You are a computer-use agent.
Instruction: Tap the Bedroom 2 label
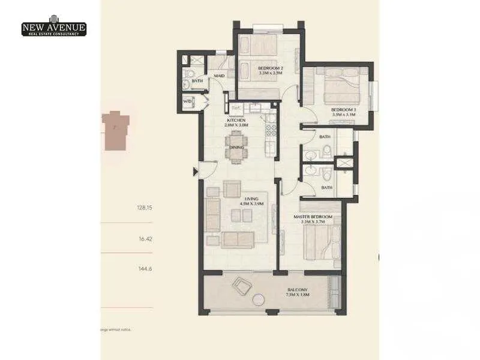(x=270, y=70)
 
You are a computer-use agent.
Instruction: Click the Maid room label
(x=220, y=75)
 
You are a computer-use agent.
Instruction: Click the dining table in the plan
(x=236, y=148)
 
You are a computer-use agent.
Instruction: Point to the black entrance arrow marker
(x=196, y=173)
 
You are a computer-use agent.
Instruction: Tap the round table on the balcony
(x=259, y=300)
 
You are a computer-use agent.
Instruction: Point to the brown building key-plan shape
(x=115, y=130)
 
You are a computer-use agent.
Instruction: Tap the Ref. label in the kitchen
(x=236, y=109)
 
